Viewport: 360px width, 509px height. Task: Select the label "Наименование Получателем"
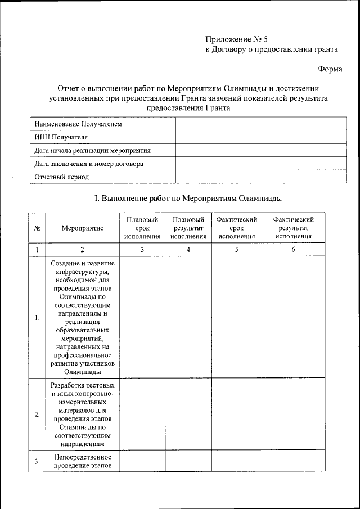pos(78,123)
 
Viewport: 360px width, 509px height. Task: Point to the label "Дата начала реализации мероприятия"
pos(92,150)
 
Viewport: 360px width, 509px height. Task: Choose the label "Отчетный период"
pos(61,177)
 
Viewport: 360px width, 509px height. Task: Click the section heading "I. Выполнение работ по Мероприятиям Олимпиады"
pos(188,199)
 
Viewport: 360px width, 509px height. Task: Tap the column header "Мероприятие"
pos(83,228)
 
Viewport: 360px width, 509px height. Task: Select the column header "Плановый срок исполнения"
pos(142,228)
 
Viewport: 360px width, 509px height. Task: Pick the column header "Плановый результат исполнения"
pos(188,228)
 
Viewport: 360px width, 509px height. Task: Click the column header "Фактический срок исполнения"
pos(236,228)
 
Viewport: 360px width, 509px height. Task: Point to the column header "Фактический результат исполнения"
pos(293,228)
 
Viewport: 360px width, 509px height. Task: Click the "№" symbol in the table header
pos(37,228)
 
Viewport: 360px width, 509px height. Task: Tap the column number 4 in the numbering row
pos(188,250)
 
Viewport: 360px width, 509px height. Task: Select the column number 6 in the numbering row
pos(293,250)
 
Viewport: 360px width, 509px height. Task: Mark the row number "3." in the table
pos(37,461)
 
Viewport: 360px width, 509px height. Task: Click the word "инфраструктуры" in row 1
pos(83,272)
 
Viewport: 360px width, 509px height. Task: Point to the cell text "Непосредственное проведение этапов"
pos(83,461)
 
